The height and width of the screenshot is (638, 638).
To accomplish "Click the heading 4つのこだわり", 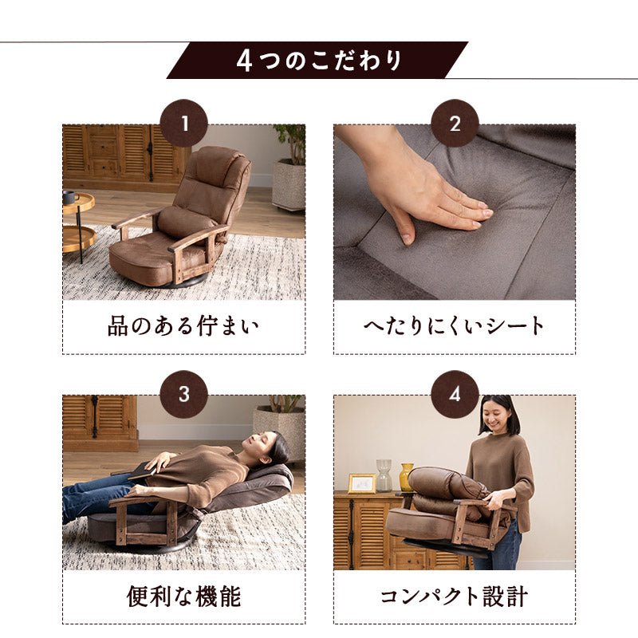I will point(319,61).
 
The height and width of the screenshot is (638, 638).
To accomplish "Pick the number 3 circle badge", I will point(183,394).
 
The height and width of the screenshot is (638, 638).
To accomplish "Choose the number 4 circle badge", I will point(455,394).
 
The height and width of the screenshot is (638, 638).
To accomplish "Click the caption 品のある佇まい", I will point(183,326).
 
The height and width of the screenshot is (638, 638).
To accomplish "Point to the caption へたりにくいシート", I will point(455,326).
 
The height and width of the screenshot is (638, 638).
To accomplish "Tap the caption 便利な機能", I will point(183,596).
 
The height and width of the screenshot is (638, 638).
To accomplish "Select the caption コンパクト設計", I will point(455,596).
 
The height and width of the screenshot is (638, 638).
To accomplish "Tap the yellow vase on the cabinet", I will point(407,477).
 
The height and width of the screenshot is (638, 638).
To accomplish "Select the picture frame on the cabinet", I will point(361,483).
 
